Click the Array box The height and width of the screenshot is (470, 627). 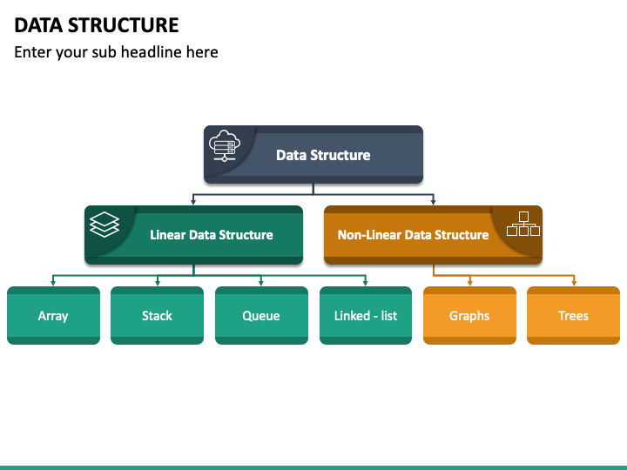pyautogui.click(x=54, y=315)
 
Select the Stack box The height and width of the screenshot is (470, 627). pyautogui.click(x=157, y=315)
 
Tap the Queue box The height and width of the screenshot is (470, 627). pyautogui.click(x=261, y=315)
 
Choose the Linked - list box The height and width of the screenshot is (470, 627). pyautogui.click(x=366, y=315)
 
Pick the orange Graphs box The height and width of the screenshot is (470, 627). pyautogui.click(x=469, y=315)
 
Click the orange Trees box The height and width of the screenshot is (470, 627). pyautogui.click(x=573, y=315)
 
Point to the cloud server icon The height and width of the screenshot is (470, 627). pyautogui.click(x=225, y=145)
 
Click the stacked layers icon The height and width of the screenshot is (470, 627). pyautogui.click(x=104, y=225)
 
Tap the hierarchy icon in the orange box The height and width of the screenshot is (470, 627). pyautogui.click(x=523, y=224)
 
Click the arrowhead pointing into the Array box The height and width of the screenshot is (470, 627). pyautogui.click(x=53, y=283)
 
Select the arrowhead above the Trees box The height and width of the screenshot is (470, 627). pyautogui.click(x=574, y=283)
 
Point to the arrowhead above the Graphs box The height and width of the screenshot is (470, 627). pyautogui.click(x=470, y=283)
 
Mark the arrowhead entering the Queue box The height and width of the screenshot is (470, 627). pyautogui.click(x=261, y=283)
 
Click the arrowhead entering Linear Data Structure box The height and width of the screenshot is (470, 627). pyautogui.click(x=193, y=202)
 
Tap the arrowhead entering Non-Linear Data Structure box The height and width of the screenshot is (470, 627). pyautogui.click(x=433, y=202)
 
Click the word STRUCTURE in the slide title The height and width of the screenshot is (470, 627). pyautogui.click(x=123, y=25)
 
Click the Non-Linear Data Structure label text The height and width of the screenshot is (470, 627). pyautogui.click(x=413, y=235)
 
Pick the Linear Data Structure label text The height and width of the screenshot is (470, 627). pyautogui.click(x=212, y=235)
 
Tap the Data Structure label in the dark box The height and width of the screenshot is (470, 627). pyautogui.click(x=323, y=155)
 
